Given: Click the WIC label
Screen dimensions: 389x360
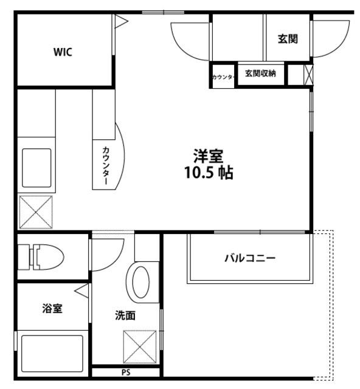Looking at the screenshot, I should (x=63, y=52).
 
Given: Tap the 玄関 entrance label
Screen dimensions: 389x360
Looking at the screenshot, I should (x=287, y=39).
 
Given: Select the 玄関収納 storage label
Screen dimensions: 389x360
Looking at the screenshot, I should (x=260, y=74).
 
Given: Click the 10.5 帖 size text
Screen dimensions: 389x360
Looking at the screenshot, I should (x=209, y=173).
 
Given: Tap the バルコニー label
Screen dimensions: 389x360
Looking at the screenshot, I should (x=250, y=258).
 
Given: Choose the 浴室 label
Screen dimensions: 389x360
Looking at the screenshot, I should (x=52, y=308).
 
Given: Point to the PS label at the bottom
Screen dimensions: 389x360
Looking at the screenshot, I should (x=126, y=372).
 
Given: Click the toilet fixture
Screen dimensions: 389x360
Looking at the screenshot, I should (x=44, y=256).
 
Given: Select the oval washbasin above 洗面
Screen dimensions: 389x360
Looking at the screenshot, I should (x=141, y=281).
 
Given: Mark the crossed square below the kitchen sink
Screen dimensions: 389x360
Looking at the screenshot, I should (x=36, y=212).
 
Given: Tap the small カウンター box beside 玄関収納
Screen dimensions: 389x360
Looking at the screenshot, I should (x=223, y=77).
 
